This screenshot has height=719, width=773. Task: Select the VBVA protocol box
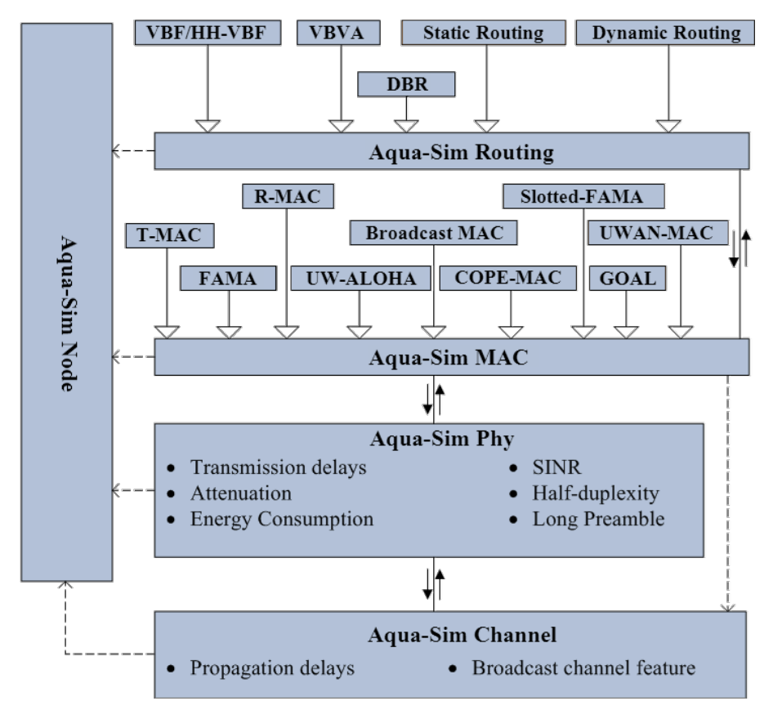coord(339,33)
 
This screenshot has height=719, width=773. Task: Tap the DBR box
coord(406,83)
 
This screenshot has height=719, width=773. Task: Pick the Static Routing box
coord(483,33)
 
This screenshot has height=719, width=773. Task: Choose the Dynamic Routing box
coord(666,33)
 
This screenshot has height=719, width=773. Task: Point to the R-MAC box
coord(288,196)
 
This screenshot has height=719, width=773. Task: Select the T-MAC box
coord(169,235)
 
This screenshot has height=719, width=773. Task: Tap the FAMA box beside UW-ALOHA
coord(227,279)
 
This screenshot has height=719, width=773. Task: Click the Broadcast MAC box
coord(434,233)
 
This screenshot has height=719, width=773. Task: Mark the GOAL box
coord(627,278)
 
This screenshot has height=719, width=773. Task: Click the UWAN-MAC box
coord(658,233)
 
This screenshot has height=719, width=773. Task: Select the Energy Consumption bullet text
coord(281,519)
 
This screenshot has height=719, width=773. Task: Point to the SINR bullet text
coord(557,467)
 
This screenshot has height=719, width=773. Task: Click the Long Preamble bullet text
coord(598,519)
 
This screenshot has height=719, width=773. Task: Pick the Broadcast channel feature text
coord(583,668)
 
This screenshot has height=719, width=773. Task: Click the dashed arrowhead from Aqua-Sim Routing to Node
coord(117,151)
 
